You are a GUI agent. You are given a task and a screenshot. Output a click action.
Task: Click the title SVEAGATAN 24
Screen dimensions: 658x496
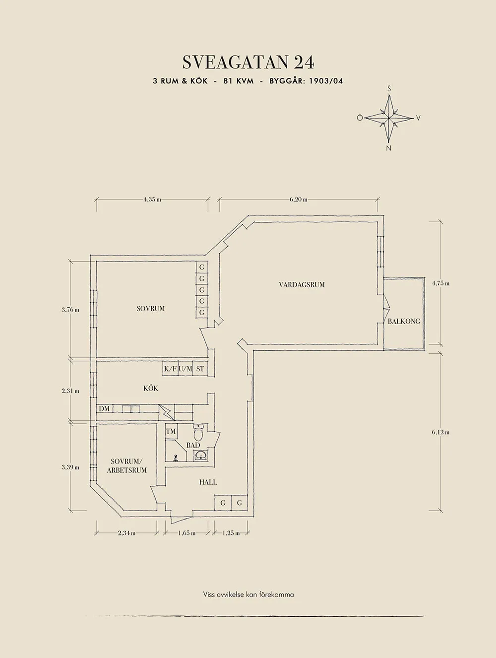248,63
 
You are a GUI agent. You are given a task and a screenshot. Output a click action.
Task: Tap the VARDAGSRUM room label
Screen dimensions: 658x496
302,285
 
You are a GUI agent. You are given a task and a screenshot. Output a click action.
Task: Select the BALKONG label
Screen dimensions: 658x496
404,322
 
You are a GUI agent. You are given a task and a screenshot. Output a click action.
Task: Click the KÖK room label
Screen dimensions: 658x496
151,389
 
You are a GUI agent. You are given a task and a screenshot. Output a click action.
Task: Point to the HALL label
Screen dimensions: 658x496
208,482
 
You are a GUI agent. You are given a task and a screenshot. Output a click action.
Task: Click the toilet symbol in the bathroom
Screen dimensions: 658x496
198,433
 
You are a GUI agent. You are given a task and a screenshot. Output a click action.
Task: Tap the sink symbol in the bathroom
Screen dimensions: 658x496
201,456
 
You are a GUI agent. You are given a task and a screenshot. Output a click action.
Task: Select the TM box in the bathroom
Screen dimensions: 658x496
171,432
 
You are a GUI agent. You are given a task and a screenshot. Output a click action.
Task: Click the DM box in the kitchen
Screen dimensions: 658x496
104,409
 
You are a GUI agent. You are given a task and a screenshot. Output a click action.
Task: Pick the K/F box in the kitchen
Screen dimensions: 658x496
170,369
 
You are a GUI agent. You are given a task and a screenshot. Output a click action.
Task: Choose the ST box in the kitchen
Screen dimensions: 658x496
200,369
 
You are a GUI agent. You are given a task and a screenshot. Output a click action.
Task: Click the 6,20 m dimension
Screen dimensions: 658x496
298,199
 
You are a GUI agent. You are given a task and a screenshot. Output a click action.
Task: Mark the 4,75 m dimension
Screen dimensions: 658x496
440,284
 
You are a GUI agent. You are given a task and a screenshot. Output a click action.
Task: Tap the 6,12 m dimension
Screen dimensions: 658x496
440,432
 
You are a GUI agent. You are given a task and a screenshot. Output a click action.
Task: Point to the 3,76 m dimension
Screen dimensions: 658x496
70,310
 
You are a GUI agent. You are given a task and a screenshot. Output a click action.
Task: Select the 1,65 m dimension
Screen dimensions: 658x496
186,533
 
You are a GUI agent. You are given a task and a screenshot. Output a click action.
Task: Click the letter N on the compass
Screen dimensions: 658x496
389,148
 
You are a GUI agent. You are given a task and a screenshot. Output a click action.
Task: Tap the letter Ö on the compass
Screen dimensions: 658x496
360,118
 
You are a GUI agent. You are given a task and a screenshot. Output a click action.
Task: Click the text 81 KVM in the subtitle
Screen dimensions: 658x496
238,81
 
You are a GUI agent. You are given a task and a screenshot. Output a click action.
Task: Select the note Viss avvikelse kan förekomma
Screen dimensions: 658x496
248,594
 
